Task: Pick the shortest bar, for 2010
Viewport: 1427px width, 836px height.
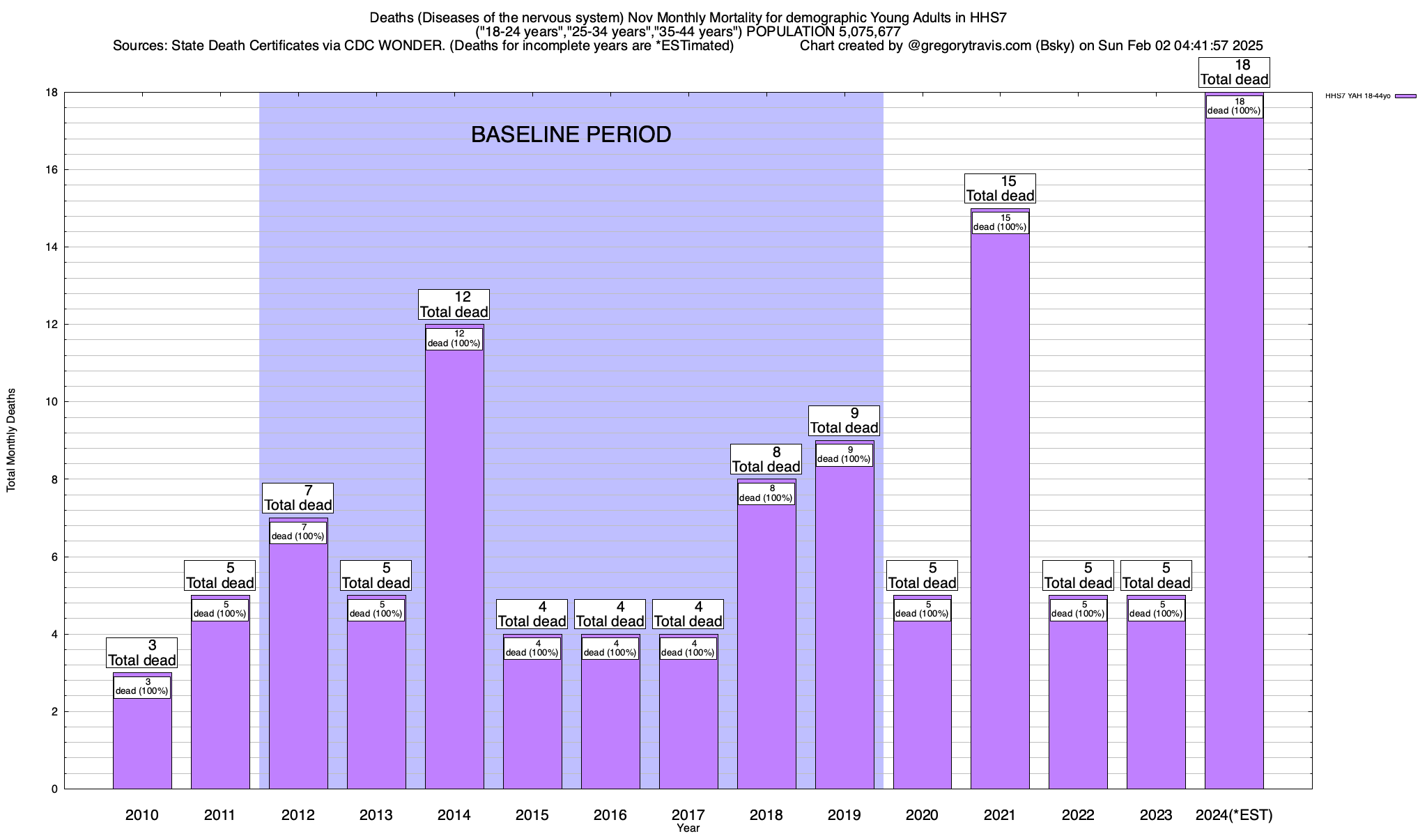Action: pos(142,745)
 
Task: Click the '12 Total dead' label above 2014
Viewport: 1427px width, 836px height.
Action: pos(454,304)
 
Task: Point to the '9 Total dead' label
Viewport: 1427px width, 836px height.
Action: pos(844,421)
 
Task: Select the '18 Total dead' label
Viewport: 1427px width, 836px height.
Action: pos(1234,72)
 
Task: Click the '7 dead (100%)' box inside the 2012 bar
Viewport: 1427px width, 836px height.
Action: pos(298,532)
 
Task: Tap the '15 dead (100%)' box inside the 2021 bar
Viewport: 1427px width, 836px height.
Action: pos(1000,223)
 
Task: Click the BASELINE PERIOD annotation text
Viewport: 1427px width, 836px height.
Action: pos(571,134)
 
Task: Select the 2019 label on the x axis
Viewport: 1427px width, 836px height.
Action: pos(844,815)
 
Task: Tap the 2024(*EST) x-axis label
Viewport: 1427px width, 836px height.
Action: pos(1234,815)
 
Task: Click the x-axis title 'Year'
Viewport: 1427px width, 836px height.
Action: pos(688,828)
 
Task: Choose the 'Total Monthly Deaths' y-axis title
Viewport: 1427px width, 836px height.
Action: pos(11,440)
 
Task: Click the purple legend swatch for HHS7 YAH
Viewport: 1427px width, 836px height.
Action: pos(1405,96)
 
